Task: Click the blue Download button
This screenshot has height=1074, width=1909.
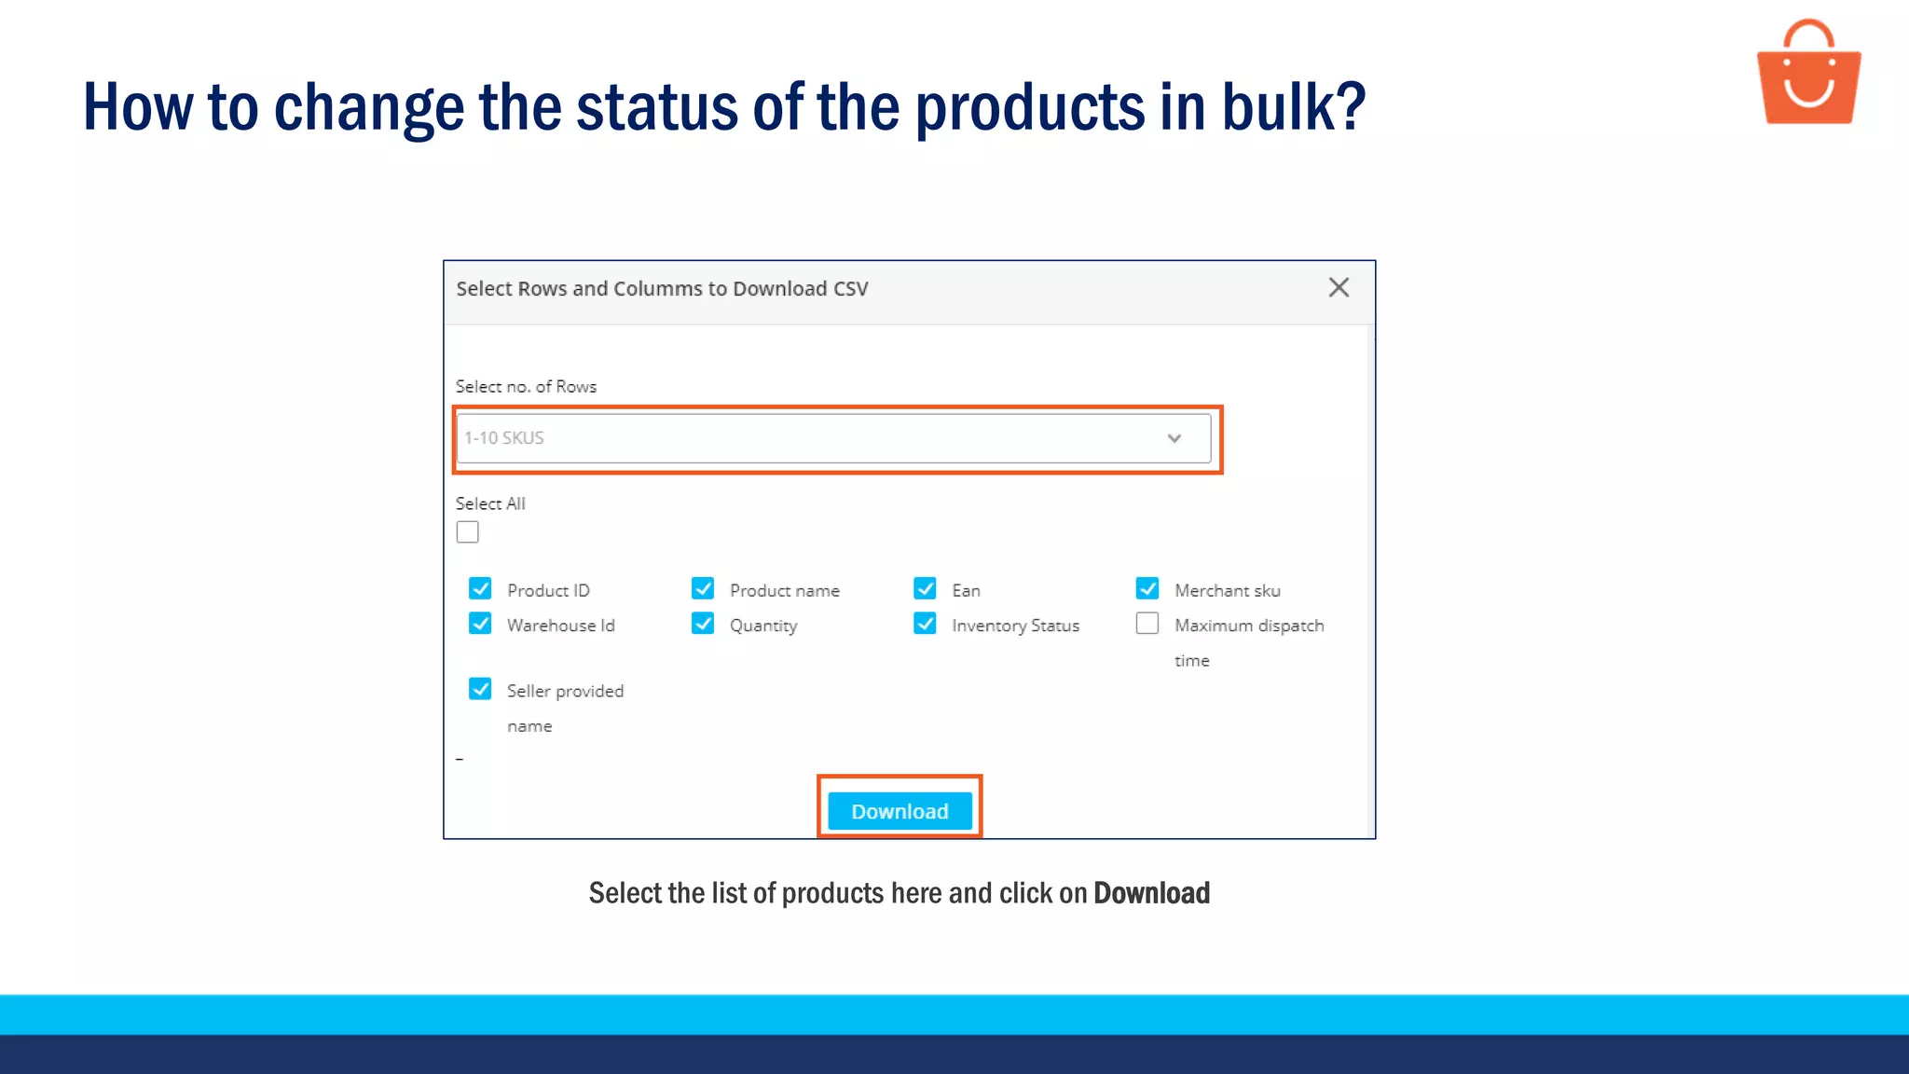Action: coord(900,811)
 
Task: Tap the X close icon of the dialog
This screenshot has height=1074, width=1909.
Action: coord(1339,288)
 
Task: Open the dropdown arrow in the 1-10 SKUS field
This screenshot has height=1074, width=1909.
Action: coord(1174,438)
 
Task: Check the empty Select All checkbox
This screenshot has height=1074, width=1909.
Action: coord(468,532)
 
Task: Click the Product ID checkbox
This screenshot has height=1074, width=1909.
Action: coord(480,588)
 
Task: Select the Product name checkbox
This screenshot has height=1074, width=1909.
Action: coord(703,588)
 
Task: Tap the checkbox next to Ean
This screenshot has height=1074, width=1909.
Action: coord(925,588)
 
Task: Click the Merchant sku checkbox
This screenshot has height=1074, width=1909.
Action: coord(1147,588)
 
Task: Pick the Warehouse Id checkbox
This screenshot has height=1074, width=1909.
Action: coord(480,623)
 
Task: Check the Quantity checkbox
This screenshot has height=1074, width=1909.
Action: coord(703,623)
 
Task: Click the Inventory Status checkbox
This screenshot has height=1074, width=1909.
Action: coord(925,623)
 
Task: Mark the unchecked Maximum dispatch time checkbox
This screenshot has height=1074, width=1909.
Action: coord(1147,623)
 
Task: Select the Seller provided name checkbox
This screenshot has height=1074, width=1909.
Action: coord(480,689)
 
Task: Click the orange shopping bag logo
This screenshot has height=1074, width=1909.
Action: coord(1808,75)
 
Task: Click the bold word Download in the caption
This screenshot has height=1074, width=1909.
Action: coord(1151,893)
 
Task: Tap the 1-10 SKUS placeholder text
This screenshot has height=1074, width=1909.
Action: coord(504,438)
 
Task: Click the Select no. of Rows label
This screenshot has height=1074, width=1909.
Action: coord(526,386)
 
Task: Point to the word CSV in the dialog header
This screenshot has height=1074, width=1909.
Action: coord(850,289)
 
